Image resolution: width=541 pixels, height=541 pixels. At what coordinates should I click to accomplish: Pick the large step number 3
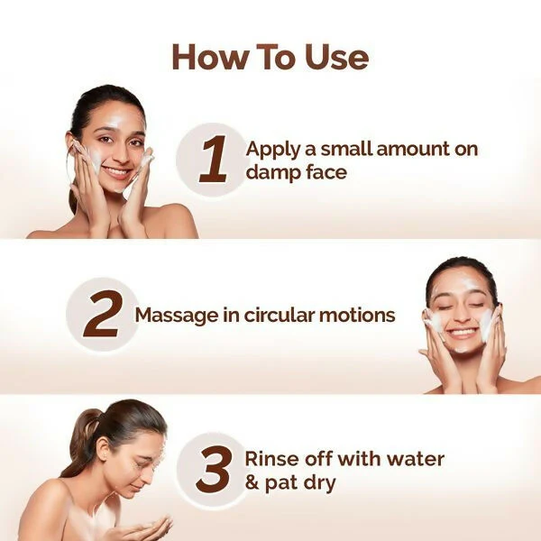click(214, 470)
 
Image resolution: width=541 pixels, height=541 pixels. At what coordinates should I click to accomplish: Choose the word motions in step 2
click(362, 315)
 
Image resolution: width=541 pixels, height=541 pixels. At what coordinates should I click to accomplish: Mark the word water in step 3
click(417, 458)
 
